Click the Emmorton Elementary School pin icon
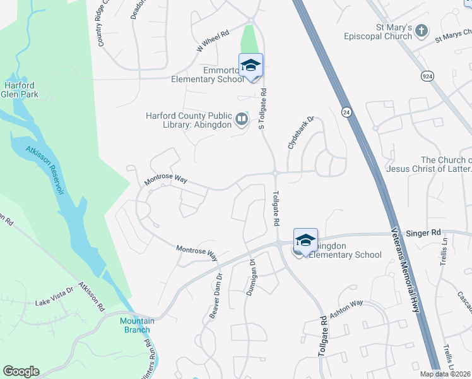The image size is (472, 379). [x=251, y=66]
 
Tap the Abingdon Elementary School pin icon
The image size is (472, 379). [x=305, y=241]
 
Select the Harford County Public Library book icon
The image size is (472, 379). [x=241, y=119]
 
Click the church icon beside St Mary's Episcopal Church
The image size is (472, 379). [x=422, y=30]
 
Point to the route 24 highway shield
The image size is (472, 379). [x=346, y=112]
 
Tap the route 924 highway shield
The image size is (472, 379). [x=427, y=76]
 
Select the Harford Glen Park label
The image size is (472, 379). [x=20, y=90]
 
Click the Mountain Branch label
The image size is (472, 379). [x=137, y=325]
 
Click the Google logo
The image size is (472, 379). [x=21, y=371]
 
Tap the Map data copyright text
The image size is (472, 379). [x=445, y=374]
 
